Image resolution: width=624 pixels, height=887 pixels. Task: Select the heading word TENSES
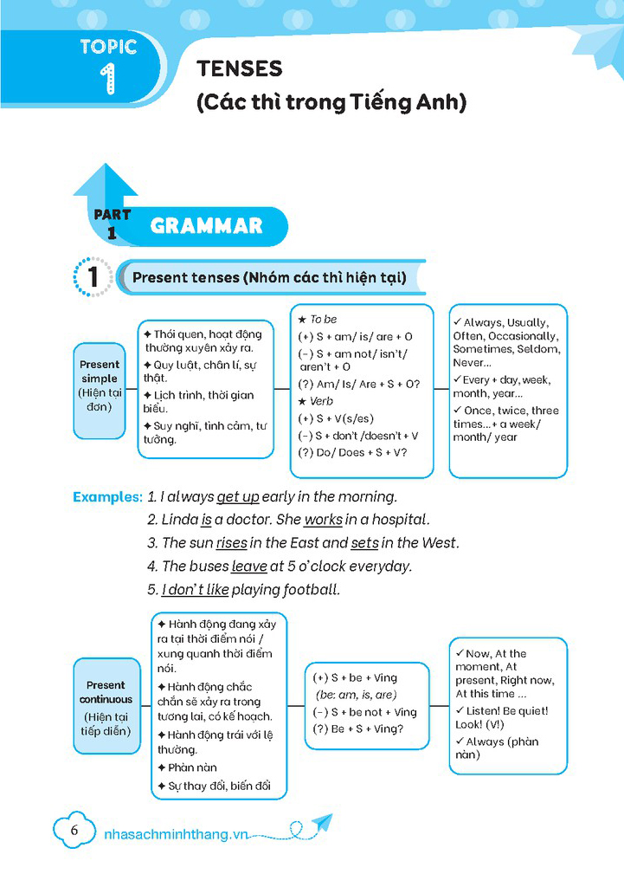pos(240,68)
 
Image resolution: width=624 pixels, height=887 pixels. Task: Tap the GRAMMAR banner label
pos(206,226)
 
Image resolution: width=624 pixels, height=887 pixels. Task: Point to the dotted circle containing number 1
pos(93,278)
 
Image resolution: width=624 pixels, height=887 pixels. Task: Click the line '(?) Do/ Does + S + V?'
pos(352,452)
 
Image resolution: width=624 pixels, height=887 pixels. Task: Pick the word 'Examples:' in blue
pos(107,497)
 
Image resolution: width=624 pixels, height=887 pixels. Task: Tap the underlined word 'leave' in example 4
pos(248,567)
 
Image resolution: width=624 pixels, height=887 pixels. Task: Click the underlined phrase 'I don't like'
pos(196,590)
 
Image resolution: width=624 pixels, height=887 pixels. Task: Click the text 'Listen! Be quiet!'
pos(507,710)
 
